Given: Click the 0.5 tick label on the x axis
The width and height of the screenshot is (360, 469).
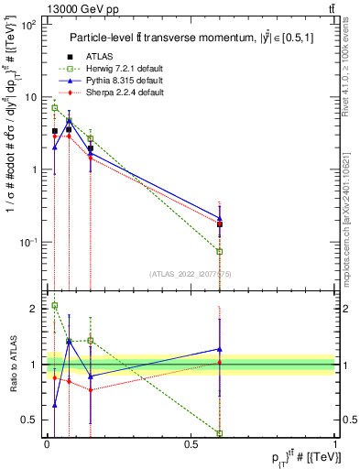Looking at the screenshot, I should tap(191, 443).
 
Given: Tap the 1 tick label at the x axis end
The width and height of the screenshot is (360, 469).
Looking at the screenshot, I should tap(334, 443).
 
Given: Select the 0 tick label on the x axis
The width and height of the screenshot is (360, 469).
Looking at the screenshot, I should tap(47, 443).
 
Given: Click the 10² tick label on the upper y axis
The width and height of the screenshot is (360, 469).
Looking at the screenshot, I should tap(29, 25).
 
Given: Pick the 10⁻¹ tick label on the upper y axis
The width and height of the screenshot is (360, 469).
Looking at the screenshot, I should tap(29, 242).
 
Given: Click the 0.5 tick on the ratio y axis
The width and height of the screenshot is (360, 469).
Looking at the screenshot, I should tap(30, 420).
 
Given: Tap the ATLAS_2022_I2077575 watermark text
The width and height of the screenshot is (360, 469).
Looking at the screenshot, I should tap(191, 273).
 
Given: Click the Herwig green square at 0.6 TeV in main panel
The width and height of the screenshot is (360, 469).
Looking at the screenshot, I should tap(220, 251).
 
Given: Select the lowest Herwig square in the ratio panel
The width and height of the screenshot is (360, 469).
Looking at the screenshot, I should tap(220, 432).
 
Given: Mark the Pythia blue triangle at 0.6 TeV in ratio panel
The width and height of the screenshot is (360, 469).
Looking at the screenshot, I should tap(220, 349).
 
